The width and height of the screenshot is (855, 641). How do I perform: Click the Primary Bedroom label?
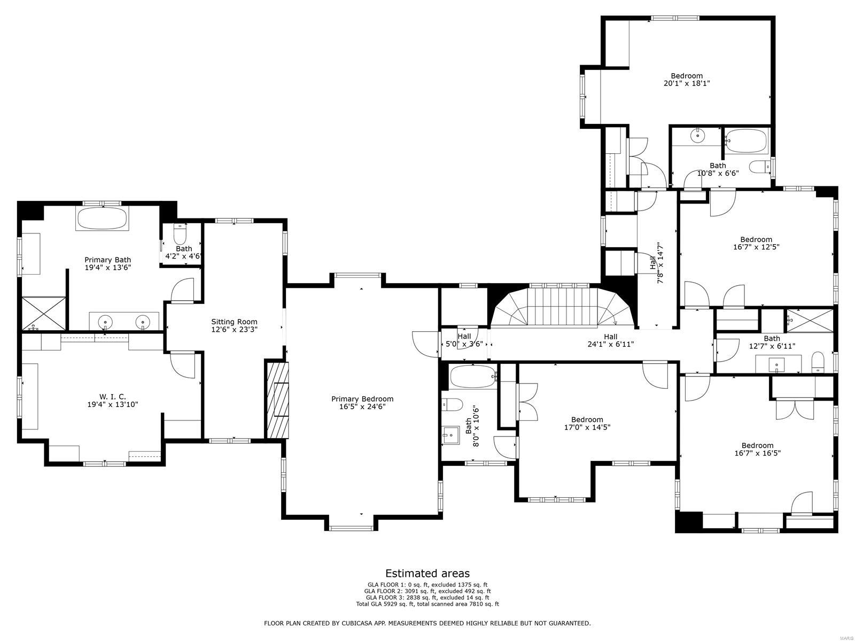pos(362,403)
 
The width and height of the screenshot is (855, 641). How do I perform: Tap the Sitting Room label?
pos(234,325)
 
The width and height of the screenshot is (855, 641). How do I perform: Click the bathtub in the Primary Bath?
pos(102,219)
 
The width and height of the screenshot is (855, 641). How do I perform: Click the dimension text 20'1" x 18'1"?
pos(687,83)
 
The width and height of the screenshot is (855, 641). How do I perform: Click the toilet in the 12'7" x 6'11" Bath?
pos(818,362)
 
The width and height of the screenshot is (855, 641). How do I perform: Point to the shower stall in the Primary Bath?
pos(43,313)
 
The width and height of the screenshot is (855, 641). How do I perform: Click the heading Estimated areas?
pos(427,574)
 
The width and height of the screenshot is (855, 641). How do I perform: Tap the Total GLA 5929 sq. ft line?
pos(427,604)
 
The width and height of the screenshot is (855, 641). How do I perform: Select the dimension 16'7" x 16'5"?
pos(757,453)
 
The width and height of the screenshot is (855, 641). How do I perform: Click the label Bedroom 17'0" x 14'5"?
pos(587,423)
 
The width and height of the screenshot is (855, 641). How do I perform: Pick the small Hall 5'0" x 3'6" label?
pos(464,340)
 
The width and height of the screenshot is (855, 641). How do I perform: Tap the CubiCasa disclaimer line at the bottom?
pos(427,623)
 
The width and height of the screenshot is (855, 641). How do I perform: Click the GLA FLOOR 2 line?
pos(427,591)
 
